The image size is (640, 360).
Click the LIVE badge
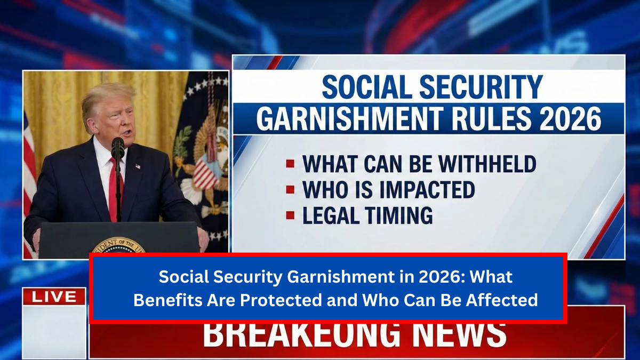(54, 297)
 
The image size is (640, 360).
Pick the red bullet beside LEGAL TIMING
(290, 215)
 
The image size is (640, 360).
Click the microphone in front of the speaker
(117, 147)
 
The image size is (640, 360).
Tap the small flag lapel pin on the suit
(138, 166)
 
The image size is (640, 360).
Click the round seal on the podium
(118, 246)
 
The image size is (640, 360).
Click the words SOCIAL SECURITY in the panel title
(432, 87)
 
